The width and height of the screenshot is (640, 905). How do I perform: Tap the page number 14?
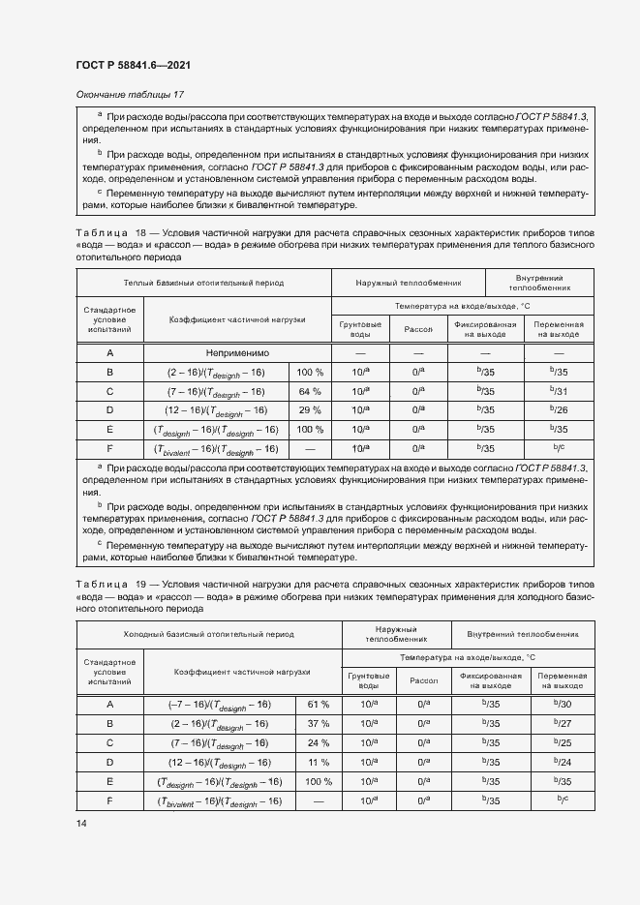(x=79, y=823)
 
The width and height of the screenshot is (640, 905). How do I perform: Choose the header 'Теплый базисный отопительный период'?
(x=203, y=282)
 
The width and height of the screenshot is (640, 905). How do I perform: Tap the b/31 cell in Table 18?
(x=559, y=391)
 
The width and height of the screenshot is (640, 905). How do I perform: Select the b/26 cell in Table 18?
(x=559, y=410)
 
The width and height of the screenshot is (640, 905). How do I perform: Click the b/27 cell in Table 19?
(x=563, y=723)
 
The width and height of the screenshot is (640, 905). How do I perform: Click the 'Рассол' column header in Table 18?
(x=417, y=329)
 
